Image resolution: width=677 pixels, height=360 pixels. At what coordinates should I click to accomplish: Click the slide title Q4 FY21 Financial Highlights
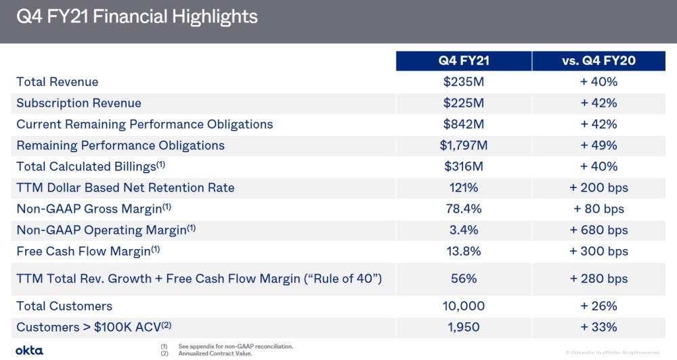(x=137, y=16)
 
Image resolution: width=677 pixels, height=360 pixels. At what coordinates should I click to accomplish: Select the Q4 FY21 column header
(x=464, y=61)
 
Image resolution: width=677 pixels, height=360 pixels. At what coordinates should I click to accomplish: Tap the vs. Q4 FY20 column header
(x=598, y=61)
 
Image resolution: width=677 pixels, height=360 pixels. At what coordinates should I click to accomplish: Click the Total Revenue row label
(x=58, y=82)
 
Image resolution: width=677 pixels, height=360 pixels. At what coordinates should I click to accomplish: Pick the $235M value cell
(x=464, y=82)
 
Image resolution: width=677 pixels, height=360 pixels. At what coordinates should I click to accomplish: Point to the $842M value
(x=464, y=125)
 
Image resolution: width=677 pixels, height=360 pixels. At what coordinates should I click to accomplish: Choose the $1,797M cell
(x=464, y=145)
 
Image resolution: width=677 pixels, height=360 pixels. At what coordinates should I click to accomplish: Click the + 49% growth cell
(x=598, y=145)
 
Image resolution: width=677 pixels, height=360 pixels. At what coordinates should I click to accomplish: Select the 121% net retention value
(x=464, y=187)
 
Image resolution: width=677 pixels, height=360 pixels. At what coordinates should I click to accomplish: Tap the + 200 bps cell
(x=598, y=187)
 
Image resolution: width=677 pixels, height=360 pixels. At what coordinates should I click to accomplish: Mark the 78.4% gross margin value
(x=464, y=209)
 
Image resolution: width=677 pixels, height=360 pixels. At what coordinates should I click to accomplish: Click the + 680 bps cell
(x=598, y=230)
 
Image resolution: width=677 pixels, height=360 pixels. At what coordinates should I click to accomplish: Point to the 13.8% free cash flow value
(x=464, y=251)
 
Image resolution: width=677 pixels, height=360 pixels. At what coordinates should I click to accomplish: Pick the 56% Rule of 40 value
(x=464, y=279)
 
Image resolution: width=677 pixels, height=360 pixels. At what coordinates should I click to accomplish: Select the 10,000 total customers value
(x=464, y=306)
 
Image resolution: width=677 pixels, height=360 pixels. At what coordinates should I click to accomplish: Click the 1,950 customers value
(x=464, y=327)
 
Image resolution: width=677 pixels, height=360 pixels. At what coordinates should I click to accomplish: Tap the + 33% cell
(x=598, y=327)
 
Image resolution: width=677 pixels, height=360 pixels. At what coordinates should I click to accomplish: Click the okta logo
(x=29, y=350)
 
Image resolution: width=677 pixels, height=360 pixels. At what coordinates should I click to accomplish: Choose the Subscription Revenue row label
(x=79, y=104)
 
